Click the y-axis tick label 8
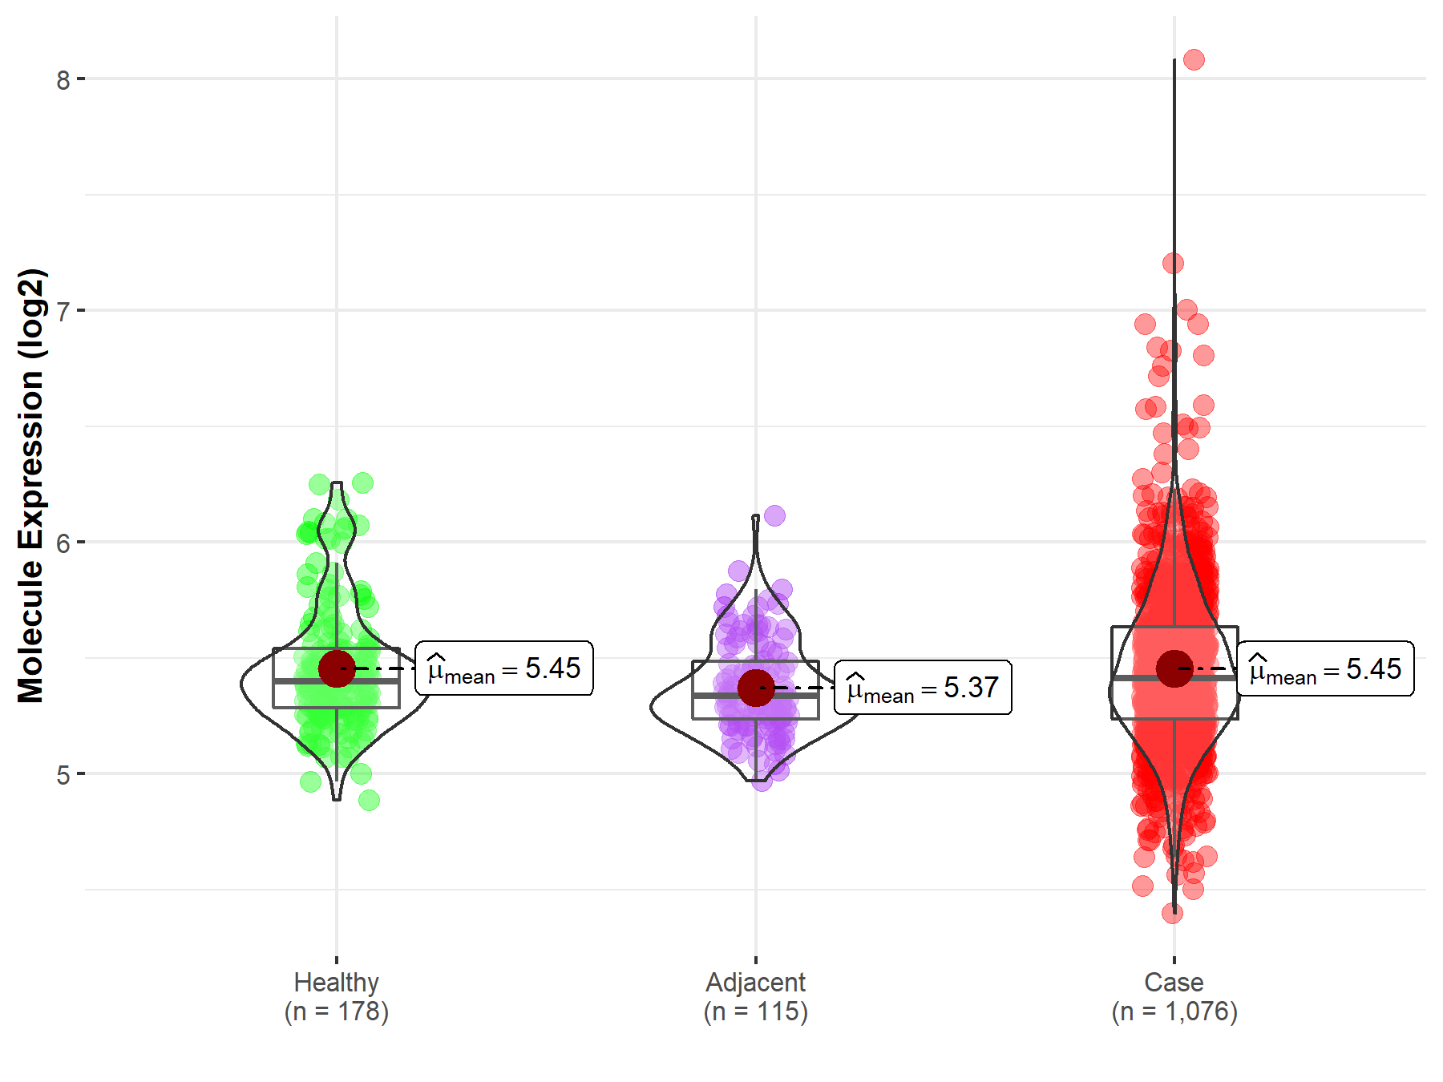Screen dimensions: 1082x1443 [x=63, y=80]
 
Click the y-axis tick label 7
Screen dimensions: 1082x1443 [x=63, y=311]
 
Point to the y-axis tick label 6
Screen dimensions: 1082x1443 [x=63, y=543]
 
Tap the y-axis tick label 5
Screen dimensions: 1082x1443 [x=63, y=775]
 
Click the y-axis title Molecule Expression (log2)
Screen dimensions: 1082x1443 [x=30, y=486]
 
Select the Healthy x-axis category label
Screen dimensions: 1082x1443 [x=336, y=982]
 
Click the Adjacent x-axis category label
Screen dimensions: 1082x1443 [x=755, y=982]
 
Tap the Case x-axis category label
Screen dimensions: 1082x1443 [x=1174, y=982]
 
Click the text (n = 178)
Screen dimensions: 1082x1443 [x=336, y=1011]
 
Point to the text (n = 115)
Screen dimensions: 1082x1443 [x=755, y=1011]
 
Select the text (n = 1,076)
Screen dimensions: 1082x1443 [x=1174, y=1011]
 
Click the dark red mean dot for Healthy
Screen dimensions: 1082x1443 [x=337, y=668]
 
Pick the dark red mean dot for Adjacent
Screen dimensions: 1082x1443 [x=755, y=688]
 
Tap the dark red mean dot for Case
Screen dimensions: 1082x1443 [x=1174, y=668]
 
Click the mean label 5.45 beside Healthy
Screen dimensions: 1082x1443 [x=504, y=668]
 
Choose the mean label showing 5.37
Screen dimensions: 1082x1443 [x=923, y=688]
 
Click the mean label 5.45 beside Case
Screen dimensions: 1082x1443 [x=1325, y=668]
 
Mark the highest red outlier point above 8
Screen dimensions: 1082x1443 [x=1194, y=59]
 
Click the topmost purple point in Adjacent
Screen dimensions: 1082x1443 [x=774, y=515]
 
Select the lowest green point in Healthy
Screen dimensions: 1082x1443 [x=369, y=800]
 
